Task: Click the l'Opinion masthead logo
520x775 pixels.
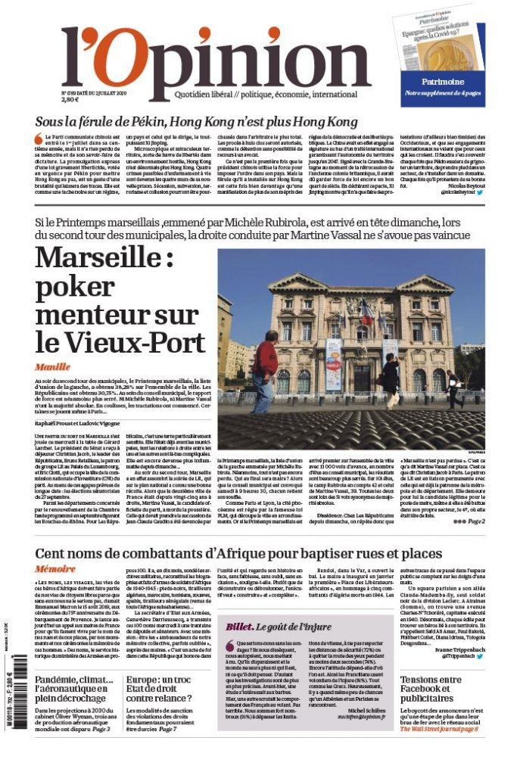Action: (x=216, y=64)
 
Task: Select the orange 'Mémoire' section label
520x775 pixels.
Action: (x=55, y=568)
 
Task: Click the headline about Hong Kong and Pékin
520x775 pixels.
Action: (x=196, y=123)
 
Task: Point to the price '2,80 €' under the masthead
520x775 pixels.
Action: (x=70, y=99)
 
